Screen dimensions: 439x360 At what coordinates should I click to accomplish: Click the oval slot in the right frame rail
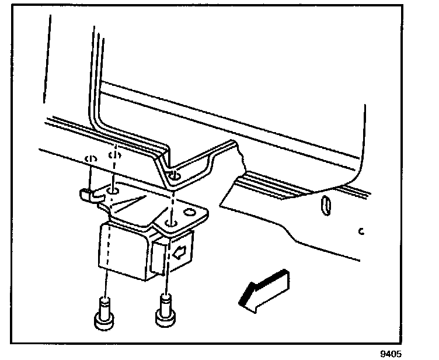tap(326, 205)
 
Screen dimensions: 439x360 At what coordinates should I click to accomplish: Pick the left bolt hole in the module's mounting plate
tap(113, 191)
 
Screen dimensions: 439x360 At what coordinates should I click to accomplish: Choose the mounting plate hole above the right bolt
tap(169, 223)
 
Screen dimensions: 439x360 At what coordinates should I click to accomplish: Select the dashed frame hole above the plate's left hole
tap(115, 156)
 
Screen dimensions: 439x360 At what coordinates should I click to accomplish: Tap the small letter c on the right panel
tap(361, 231)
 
